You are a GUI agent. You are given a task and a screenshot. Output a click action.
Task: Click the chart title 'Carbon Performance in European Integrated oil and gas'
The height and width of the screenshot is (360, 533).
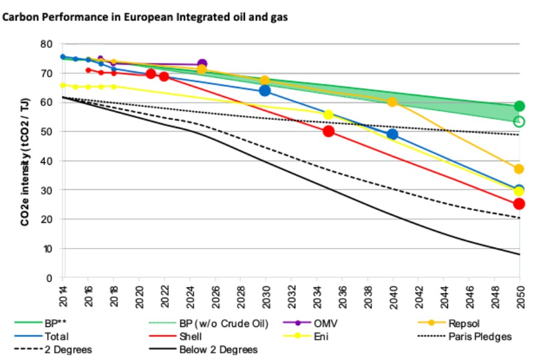tap(146, 17)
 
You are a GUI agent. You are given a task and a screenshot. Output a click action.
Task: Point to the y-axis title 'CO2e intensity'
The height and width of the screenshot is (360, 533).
tap(25, 162)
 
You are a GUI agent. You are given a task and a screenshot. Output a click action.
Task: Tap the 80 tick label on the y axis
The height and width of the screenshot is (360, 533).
tap(46, 44)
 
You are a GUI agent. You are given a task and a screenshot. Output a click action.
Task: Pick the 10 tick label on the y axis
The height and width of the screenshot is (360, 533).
tap(46, 249)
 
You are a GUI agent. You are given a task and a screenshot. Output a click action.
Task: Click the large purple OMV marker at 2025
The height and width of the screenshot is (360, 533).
tap(202, 64)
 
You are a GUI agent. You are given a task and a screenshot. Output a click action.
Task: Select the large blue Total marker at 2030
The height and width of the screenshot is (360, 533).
tap(265, 90)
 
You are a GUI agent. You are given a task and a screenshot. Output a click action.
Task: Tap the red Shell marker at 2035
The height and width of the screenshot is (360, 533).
tap(329, 131)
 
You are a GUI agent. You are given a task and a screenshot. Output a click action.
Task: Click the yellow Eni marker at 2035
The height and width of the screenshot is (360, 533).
tap(328, 114)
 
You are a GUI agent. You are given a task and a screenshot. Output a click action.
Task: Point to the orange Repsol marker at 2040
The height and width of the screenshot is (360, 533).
tap(392, 102)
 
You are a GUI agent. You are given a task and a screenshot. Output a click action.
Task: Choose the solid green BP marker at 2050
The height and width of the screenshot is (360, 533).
tap(519, 107)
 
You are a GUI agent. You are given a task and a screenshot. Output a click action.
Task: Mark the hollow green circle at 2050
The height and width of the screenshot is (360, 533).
tap(519, 122)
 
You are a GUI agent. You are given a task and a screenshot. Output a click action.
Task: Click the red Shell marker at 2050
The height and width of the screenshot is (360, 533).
tap(519, 204)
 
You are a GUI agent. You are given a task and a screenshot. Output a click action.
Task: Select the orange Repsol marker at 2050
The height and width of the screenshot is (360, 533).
tap(519, 169)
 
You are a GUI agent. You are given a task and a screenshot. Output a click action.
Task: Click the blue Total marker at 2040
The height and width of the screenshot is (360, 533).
tap(392, 134)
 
